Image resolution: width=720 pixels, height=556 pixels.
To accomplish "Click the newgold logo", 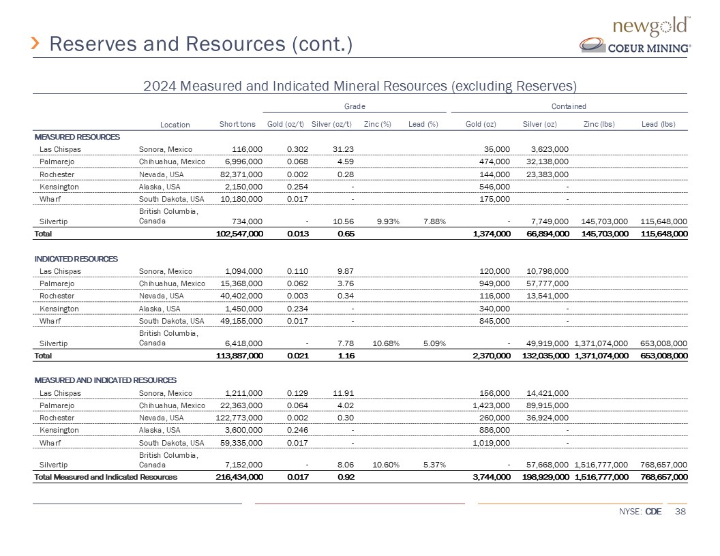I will [652, 27].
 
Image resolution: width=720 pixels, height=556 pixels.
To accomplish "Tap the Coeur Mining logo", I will [635, 46].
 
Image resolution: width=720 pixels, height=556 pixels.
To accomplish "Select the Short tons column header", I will [237, 123].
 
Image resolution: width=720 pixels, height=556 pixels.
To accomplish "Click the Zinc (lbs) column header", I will [600, 123].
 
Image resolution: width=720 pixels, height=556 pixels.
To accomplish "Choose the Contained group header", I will [569, 106].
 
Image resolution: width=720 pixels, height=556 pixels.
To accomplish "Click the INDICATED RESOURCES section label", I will [76, 259].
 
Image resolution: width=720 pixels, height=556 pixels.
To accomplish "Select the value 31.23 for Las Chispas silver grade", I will [341, 149].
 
